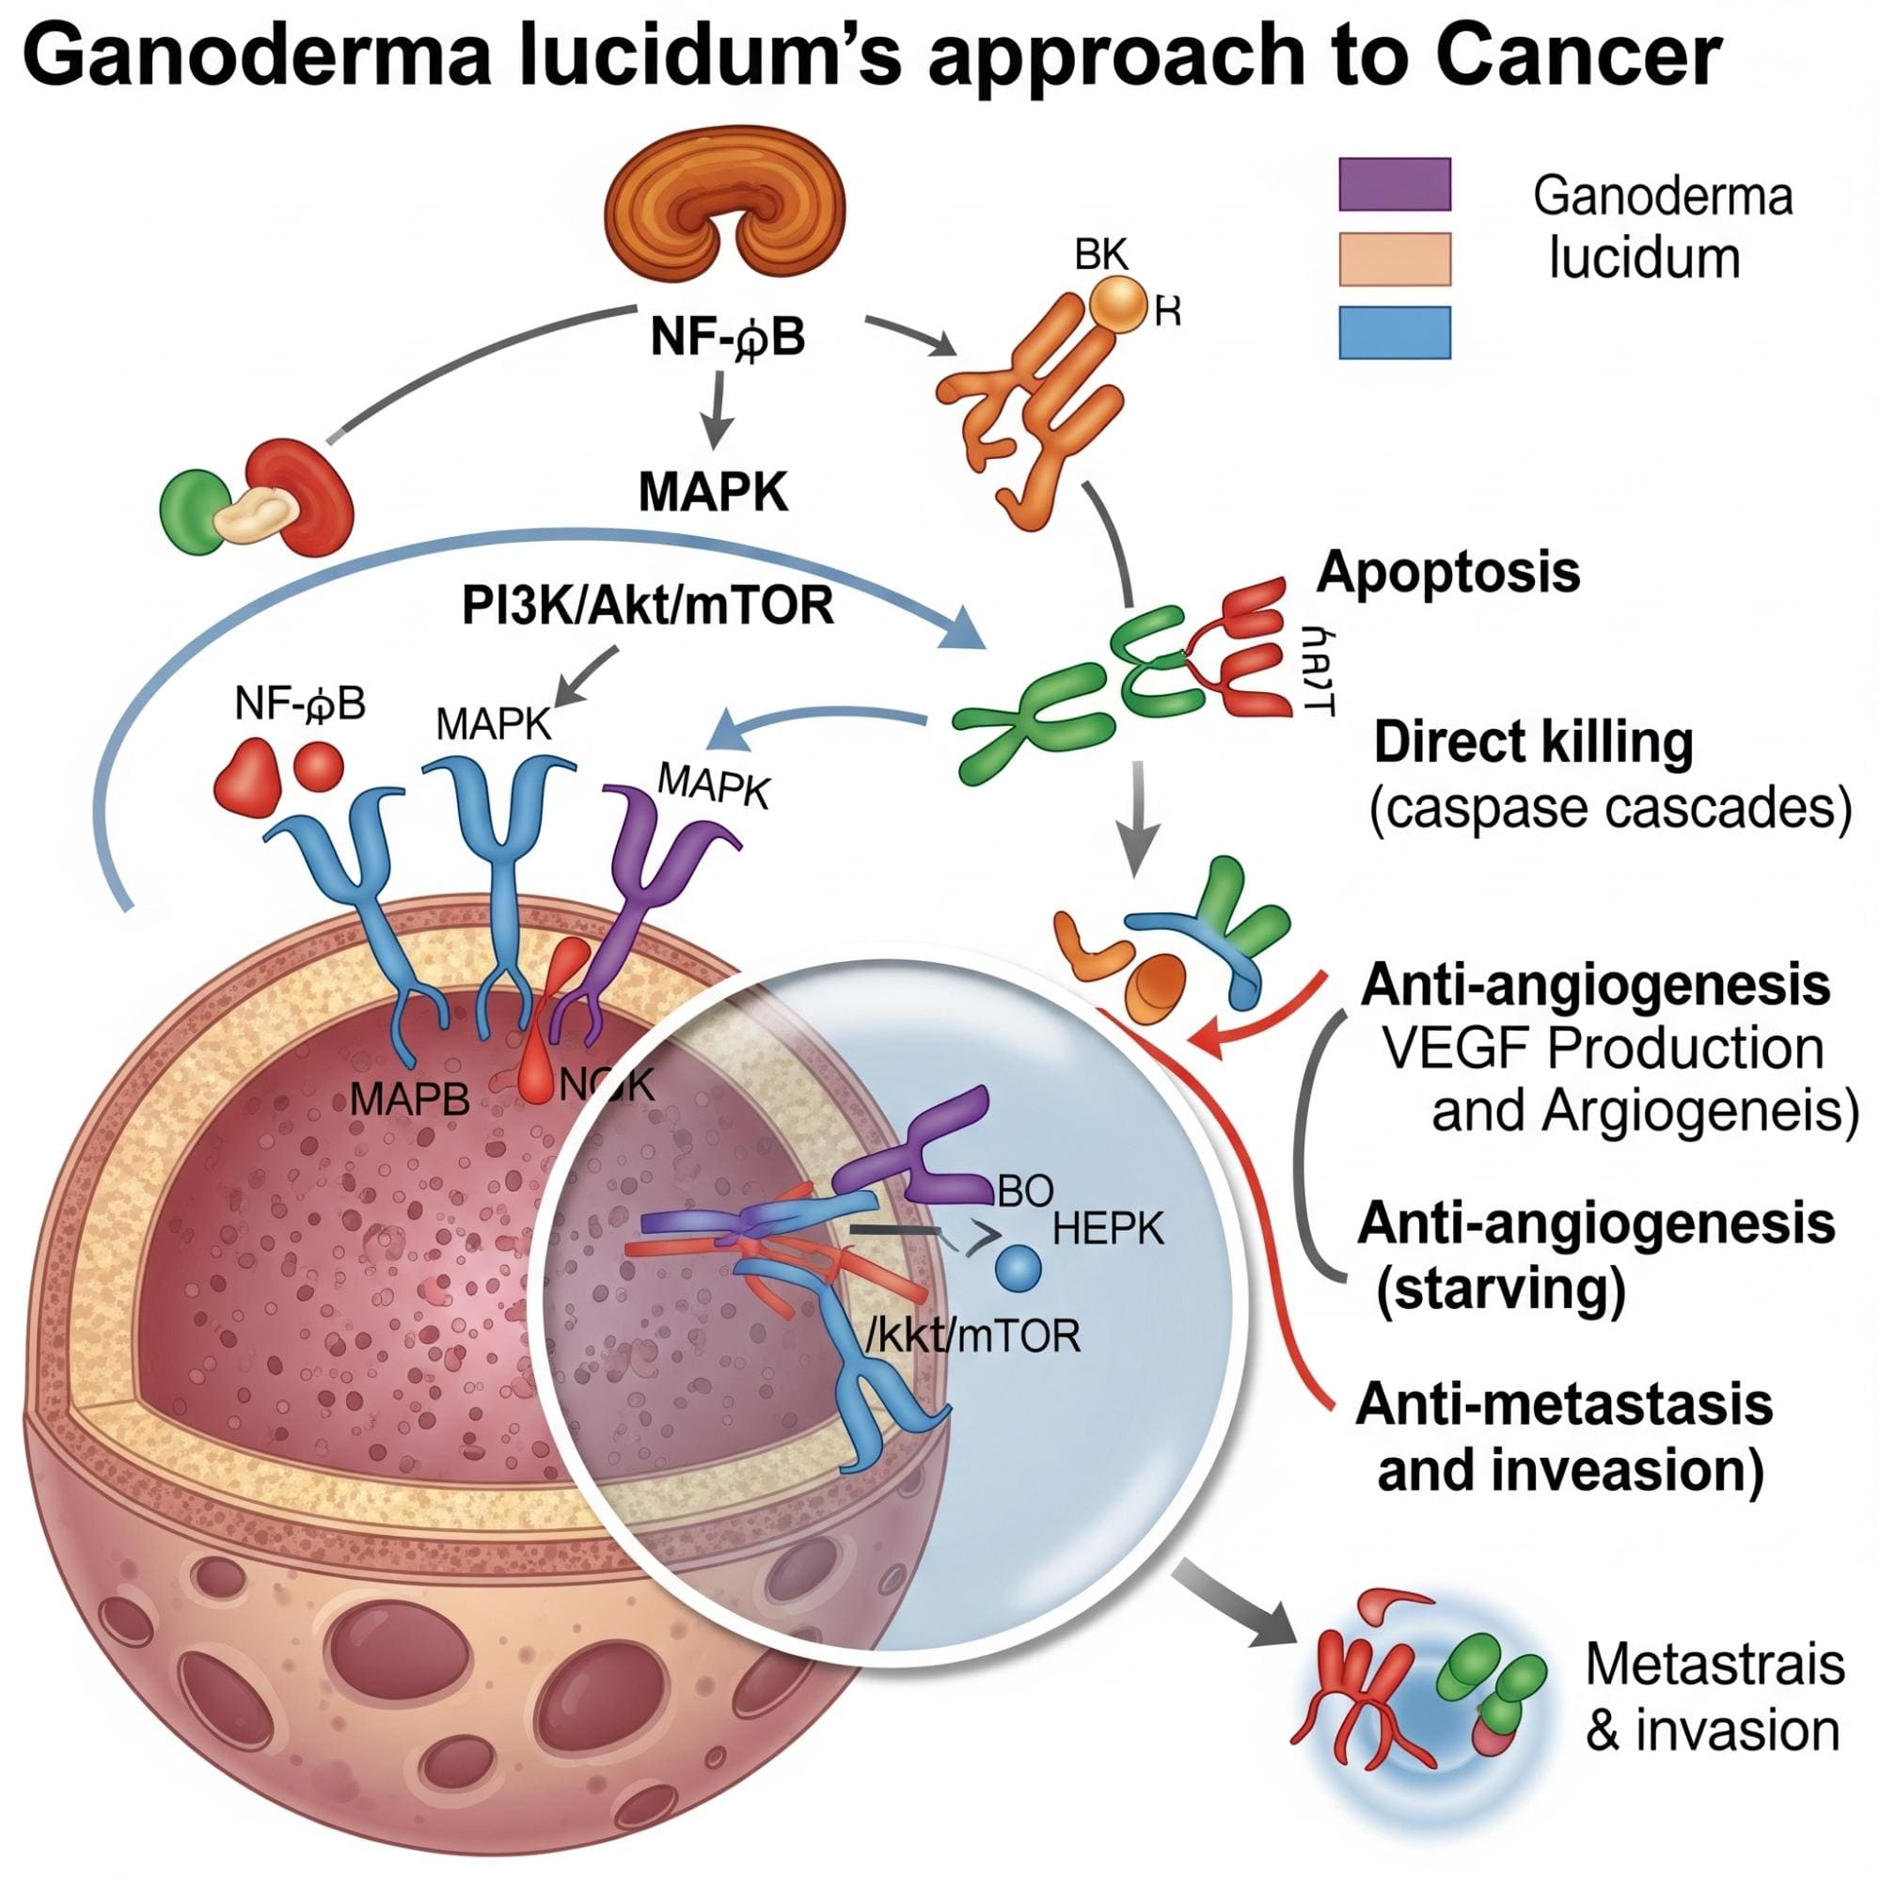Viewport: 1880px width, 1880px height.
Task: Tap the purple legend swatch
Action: click(1395, 184)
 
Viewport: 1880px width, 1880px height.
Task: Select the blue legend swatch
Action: click(1395, 333)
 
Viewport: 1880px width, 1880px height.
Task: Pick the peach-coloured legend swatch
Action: click(1395, 259)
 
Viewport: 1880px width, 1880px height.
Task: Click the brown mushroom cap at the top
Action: click(725, 209)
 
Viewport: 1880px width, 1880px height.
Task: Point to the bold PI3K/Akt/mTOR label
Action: click(648, 607)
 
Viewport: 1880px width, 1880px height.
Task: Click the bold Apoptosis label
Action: click(1447, 572)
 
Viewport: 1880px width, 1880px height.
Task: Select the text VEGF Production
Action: click(1602, 1049)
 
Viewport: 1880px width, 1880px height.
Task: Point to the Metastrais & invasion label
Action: click(1714, 1695)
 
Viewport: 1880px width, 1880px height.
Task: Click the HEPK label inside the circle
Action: click(1108, 1230)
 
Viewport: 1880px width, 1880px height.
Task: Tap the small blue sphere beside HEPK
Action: click(1019, 1268)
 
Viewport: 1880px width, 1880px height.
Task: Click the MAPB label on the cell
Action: click(409, 1099)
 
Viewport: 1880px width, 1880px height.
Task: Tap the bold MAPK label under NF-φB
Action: click(713, 494)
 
